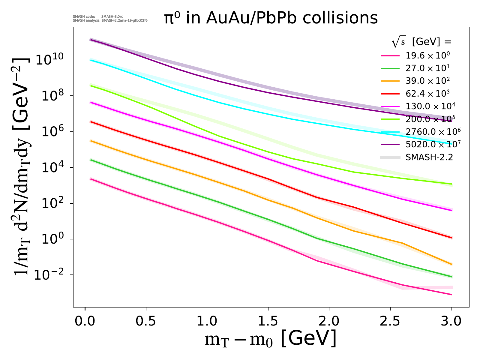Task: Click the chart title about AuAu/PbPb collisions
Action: (x=271, y=18)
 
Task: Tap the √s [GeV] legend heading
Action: (x=421, y=42)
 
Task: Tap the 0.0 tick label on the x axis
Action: (x=85, y=321)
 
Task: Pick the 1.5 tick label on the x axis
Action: (x=268, y=321)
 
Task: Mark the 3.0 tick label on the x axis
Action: (x=451, y=321)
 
